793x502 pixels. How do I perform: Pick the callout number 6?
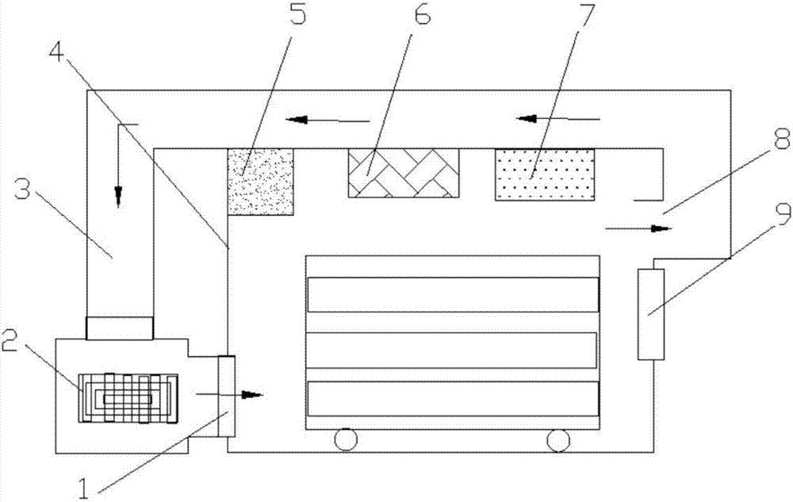click(x=420, y=14)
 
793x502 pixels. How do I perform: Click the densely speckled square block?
click(x=260, y=182)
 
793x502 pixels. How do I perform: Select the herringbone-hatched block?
click(x=404, y=173)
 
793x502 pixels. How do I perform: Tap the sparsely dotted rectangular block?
click(x=545, y=174)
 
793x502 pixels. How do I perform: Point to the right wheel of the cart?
click(x=558, y=439)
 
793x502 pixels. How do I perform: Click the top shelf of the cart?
click(x=453, y=294)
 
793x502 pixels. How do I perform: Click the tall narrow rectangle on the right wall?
click(x=651, y=314)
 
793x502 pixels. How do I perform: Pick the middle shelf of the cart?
click(x=452, y=350)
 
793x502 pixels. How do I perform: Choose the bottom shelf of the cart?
click(x=453, y=398)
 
